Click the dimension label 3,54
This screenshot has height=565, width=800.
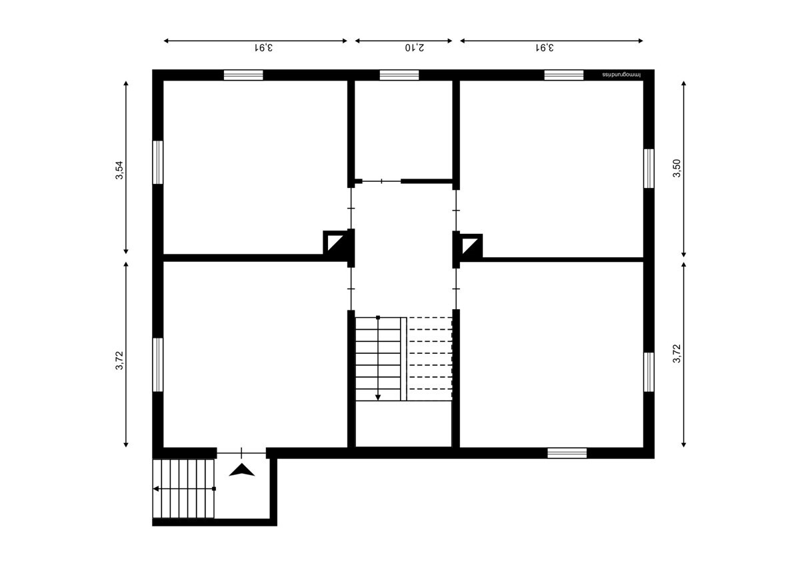tap(119, 171)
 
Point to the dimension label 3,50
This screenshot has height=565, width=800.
tap(677, 168)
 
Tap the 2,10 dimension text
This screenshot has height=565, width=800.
tap(415, 47)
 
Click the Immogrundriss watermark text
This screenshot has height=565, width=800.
tap(621, 75)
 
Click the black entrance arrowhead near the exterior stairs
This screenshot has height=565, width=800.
tap(242, 470)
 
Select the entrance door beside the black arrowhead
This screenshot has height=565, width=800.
tap(241, 453)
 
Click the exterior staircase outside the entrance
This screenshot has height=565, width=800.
tap(183, 488)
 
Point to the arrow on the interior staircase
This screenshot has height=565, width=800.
tap(378, 358)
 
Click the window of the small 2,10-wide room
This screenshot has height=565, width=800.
tap(399, 75)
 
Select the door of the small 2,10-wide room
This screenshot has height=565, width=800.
tap(381, 181)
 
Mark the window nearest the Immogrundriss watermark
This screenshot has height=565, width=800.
tap(563, 75)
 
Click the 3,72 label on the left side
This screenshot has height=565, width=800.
tap(119, 360)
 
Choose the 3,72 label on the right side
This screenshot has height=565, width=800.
tap(677, 353)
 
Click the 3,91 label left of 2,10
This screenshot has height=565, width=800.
tap(263, 47)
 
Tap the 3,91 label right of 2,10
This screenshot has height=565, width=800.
tap(545, 47)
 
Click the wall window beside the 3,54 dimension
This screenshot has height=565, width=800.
tap(158, 163)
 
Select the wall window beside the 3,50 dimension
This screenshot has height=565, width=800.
tap(649, 169)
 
